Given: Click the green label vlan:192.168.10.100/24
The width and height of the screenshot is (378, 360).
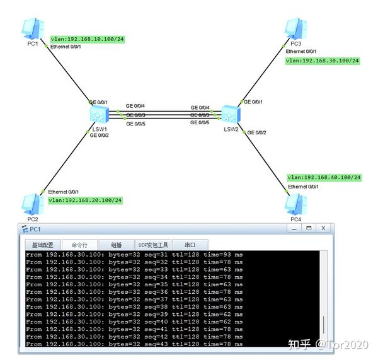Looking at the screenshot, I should click(87, 39).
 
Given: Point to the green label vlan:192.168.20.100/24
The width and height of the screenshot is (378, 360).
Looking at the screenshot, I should click(85, 200).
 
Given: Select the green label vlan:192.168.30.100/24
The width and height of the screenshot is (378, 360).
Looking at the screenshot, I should click(322, 61).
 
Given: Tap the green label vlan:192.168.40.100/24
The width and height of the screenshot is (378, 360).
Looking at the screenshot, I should click(324, 177).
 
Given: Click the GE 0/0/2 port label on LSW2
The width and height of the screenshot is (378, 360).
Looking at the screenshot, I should click(256, 132).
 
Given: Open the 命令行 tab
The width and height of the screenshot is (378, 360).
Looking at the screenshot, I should click(79, 245).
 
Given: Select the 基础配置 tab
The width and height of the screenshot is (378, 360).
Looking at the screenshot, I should click(42, 245).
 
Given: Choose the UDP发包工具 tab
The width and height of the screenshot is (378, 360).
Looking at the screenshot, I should click(153, 245).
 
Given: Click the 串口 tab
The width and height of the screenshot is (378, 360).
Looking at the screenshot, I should click(190, 245).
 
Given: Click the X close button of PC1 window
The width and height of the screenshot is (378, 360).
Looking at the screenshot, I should click(323, 228).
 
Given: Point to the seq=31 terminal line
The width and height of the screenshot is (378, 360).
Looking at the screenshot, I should click(134, 254).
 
